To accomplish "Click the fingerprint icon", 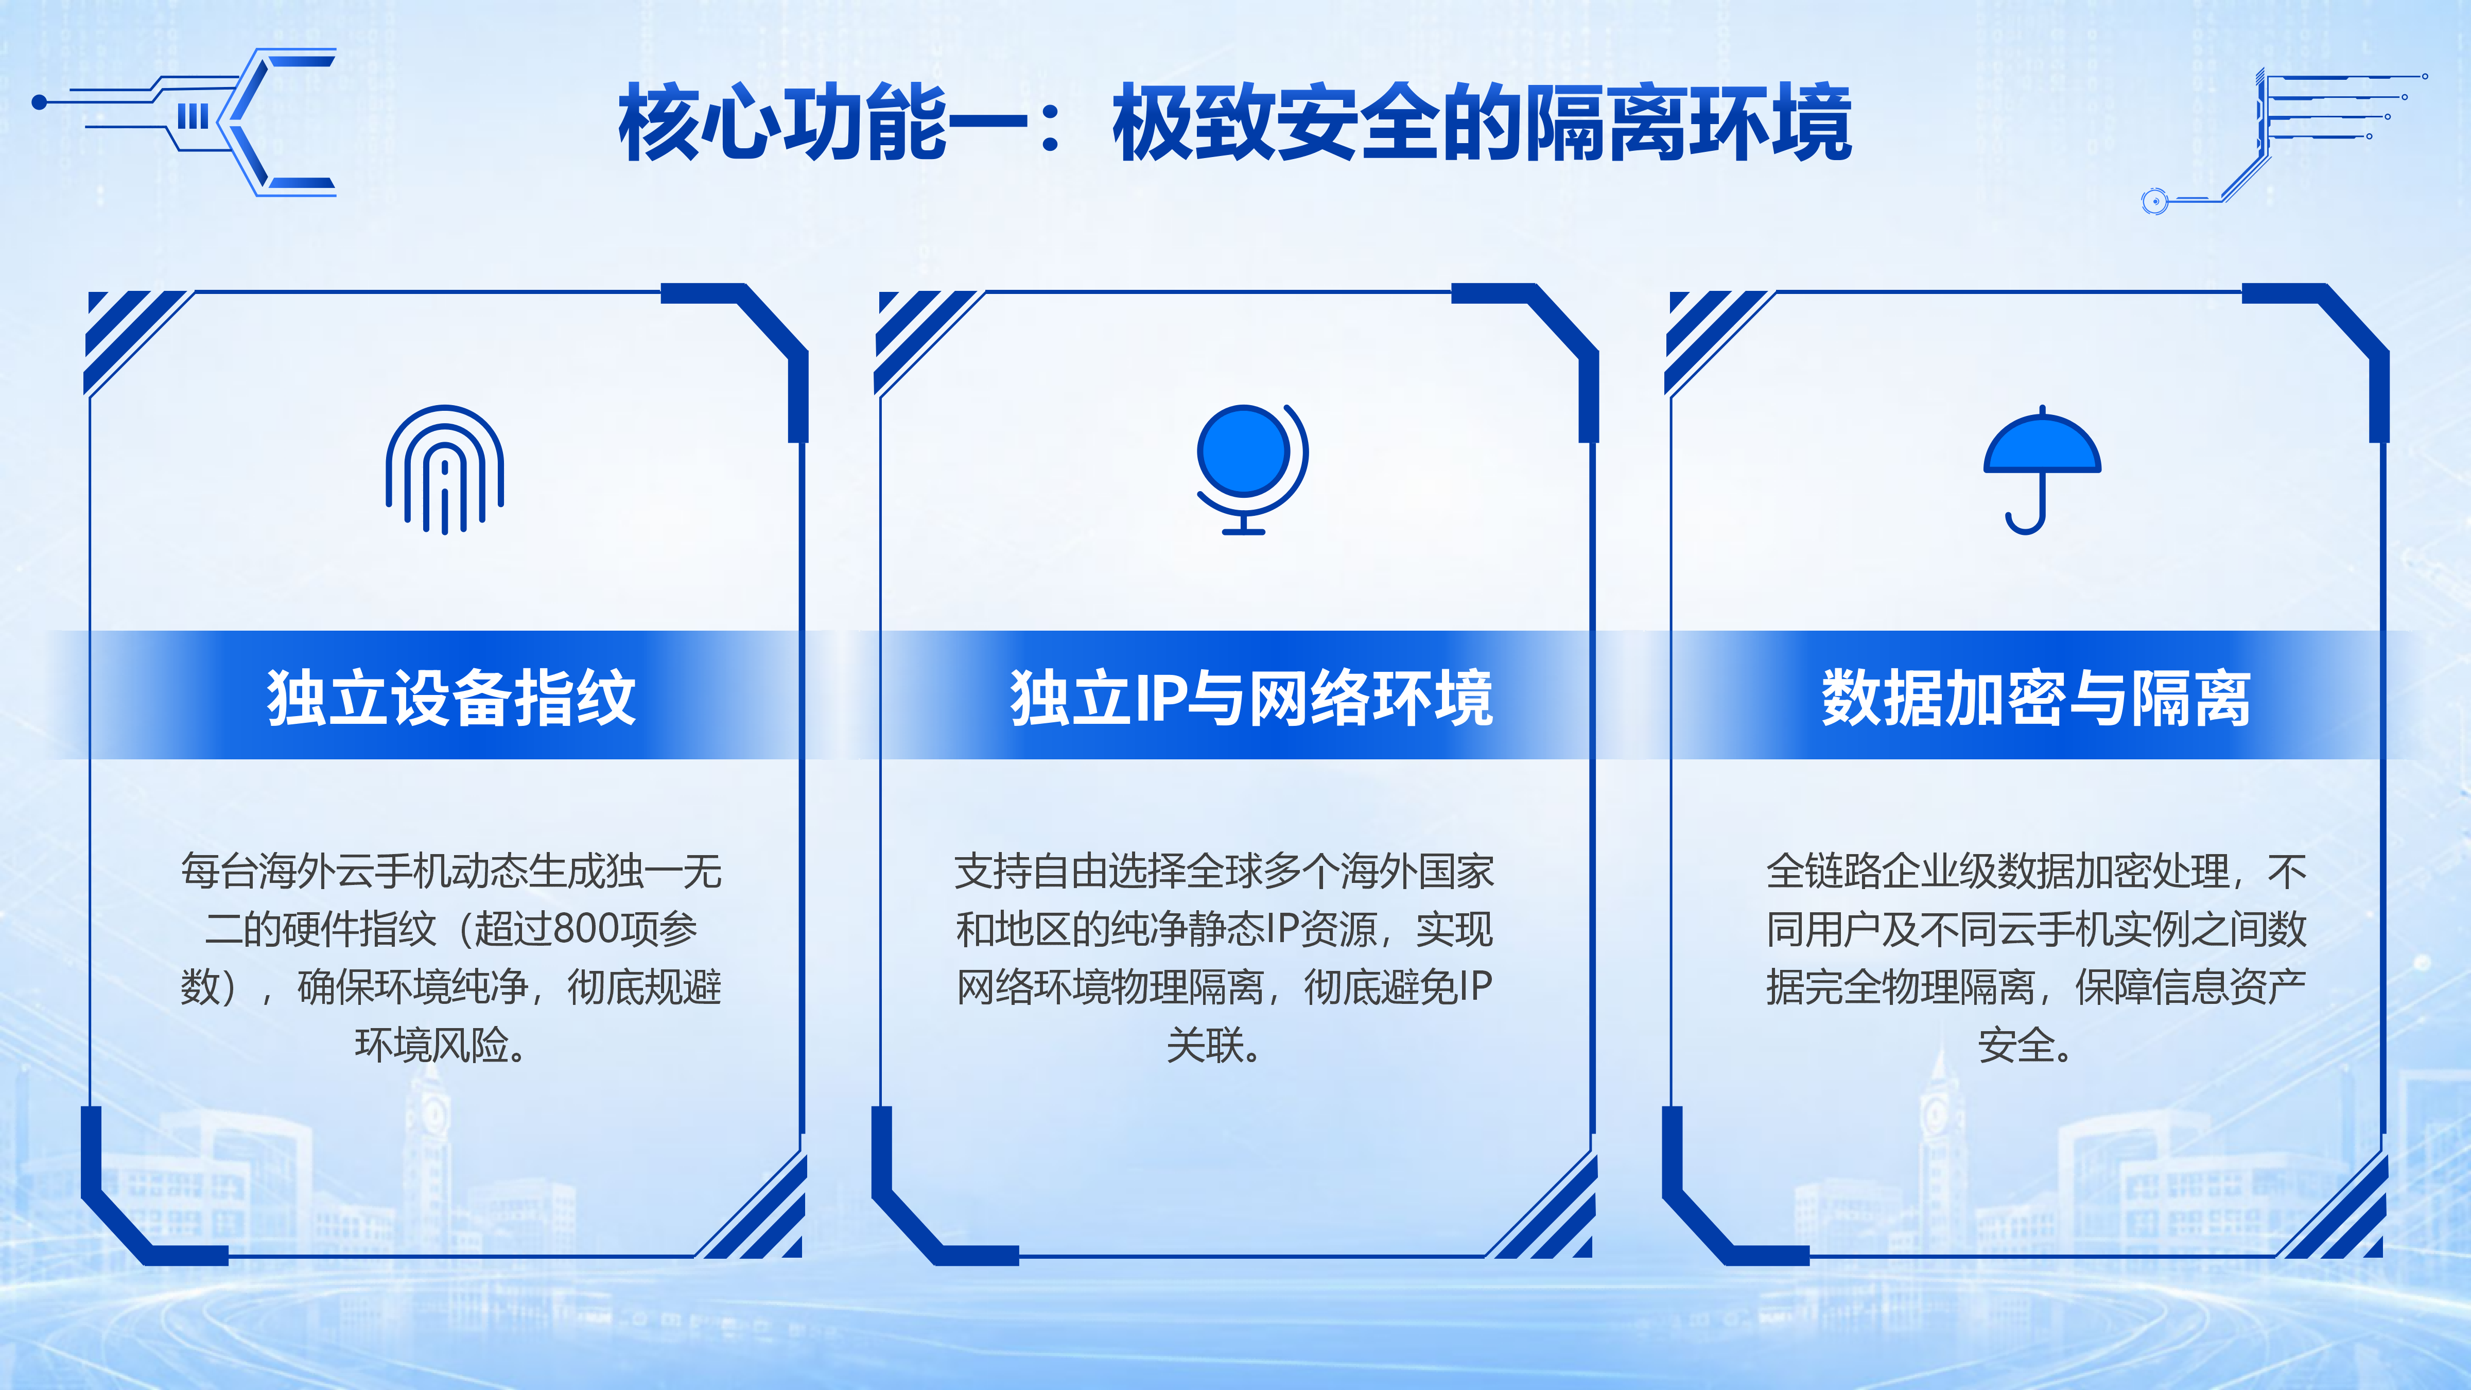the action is tap(444, 469).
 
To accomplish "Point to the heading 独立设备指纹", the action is tap(451, 698).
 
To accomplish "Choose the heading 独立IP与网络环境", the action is tap(1251, 698).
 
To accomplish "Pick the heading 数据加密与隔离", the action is tap(2035, 698).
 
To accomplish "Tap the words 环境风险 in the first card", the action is tap(432, 1045).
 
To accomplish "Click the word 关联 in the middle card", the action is tap(1205, 1045).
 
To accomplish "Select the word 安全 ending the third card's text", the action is tap(2016, 1045).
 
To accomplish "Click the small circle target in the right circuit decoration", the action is tap(2154, 200).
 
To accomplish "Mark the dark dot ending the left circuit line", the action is tap(39, 102).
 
